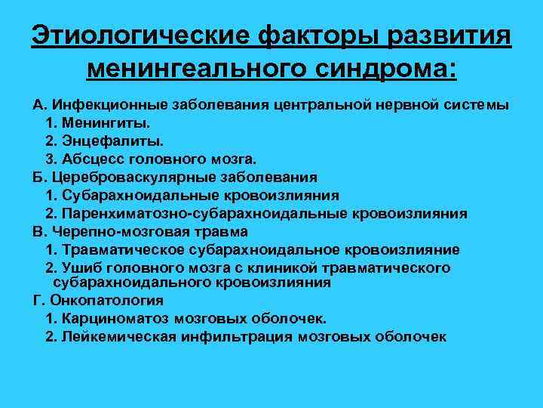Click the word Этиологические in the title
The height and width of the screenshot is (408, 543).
(x=140, y=36)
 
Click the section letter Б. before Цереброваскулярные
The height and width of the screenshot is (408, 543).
(x=38, y=177)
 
